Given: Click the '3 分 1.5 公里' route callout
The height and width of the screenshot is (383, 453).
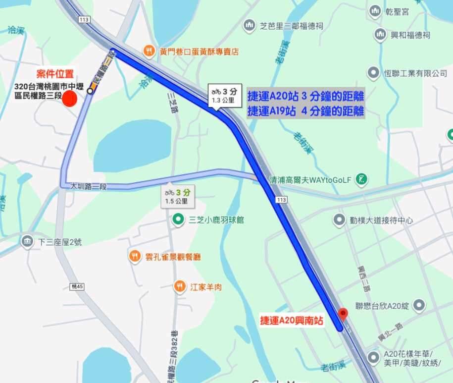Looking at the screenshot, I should pyautogui.click(x=177, y=196).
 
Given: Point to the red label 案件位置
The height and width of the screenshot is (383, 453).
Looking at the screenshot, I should pyautogui.click(x=57, y=74).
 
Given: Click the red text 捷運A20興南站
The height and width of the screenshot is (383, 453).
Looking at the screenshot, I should pyautogui.click(x=292, y=321).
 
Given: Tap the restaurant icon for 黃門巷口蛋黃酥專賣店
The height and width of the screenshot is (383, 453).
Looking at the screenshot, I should pyautogui.click(x=149, y=51).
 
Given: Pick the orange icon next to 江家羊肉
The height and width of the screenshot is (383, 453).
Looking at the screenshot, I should pyautogui.click(x=180, y=286).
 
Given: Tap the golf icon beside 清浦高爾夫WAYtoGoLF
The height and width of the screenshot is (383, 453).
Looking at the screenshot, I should pyautogui.click(x=362, y=179).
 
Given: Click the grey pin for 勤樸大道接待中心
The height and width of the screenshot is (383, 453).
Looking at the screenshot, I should pyautogui.click(x=339, y=220).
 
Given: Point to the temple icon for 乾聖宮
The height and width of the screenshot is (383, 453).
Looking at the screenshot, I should pyautogui.click(x=375, y=11).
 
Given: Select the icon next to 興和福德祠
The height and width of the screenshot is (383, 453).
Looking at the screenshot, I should pyautogui.click(x=380, y=35).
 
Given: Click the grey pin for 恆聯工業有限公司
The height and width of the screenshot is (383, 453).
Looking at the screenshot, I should pyautogui.click(x=373, y=73).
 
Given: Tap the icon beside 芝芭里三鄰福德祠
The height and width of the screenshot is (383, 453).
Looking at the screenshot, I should pyautogui.click(x=249, y=25).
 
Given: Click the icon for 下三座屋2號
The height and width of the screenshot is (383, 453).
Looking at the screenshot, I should pyautogui.click(x=27, y=242).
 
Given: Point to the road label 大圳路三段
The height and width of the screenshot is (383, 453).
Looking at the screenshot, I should pyautogui.click(x=89, y=186).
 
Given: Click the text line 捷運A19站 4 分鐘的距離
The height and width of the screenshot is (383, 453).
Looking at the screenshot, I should pyautogui.click(x=305, y=110).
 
